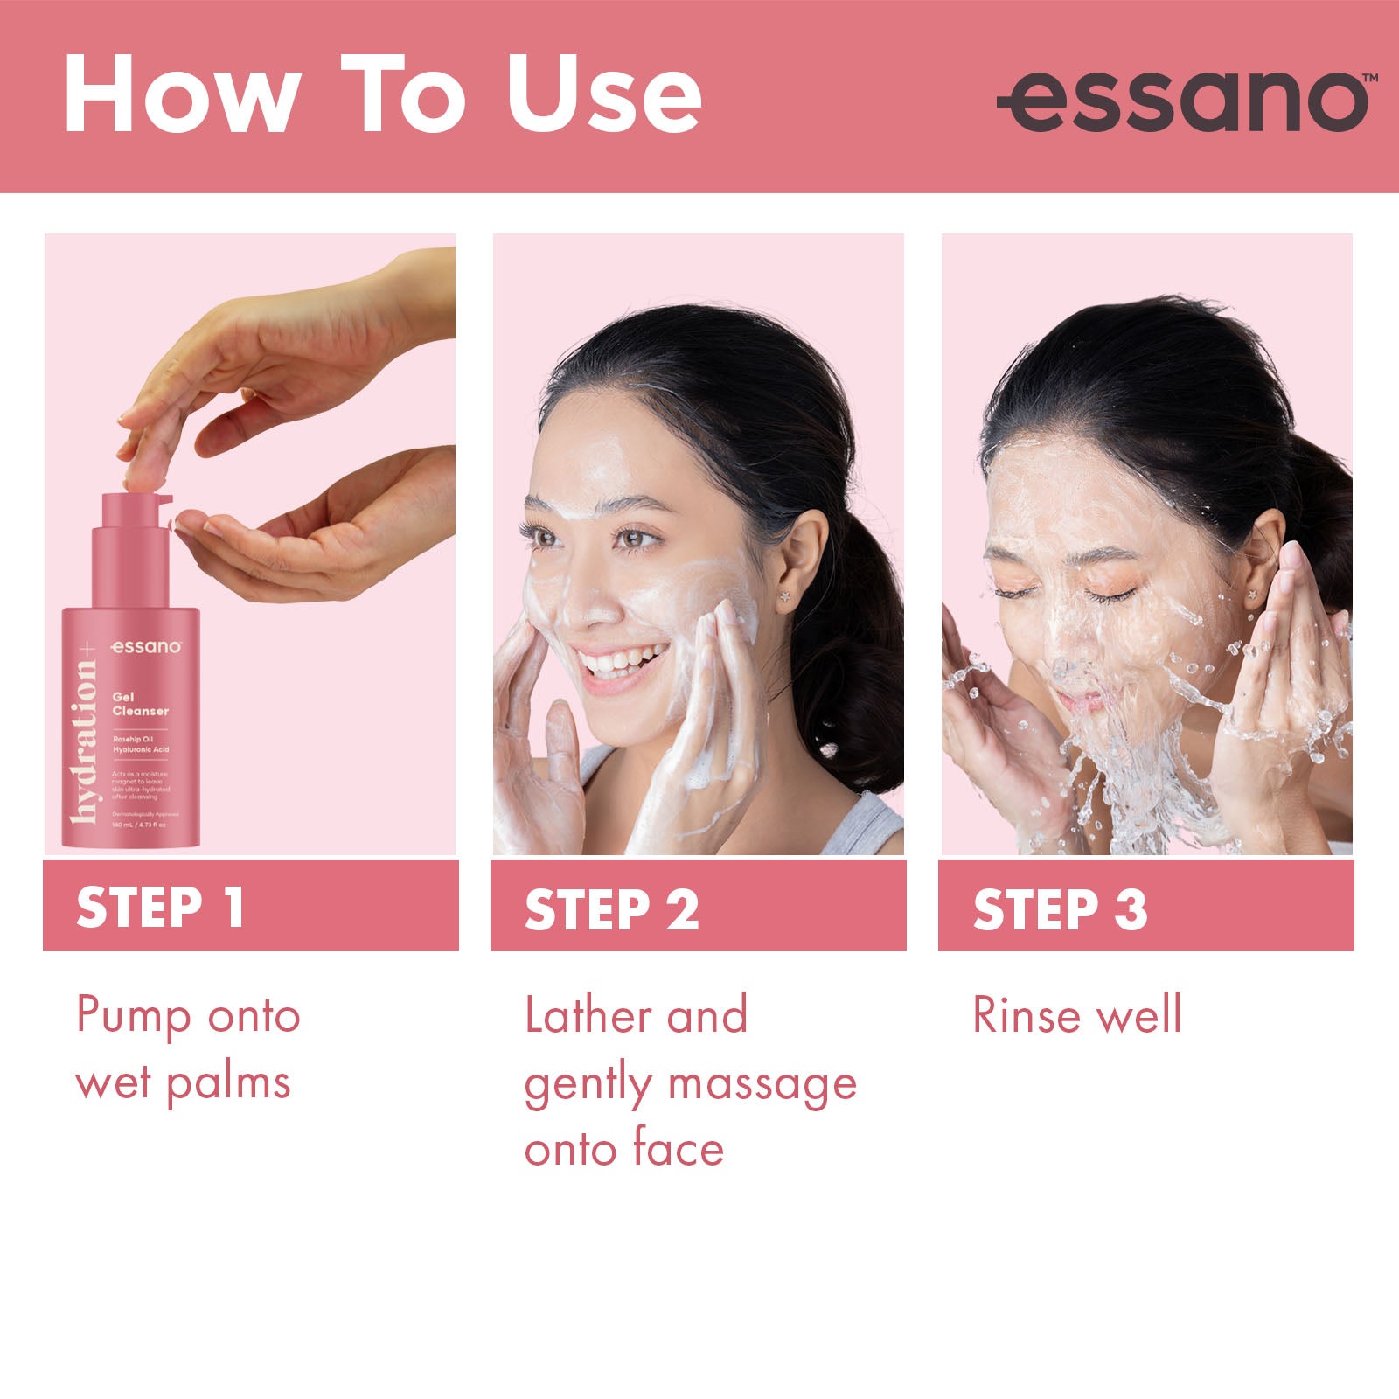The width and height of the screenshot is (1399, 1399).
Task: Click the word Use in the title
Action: coord(603,94)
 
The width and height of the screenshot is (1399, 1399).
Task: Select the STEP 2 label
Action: coord(611,909)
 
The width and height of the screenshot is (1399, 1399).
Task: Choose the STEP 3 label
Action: coord(1060,909)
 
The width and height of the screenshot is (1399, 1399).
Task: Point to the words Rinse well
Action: coord(1077,1015)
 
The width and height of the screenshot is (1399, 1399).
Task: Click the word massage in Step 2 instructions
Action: coord(762,1084)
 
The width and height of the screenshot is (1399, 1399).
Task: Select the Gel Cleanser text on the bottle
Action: coord(140,704)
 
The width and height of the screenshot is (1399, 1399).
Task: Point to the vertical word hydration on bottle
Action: coord(85,739)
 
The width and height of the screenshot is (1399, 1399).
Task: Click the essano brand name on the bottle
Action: coord(146,647)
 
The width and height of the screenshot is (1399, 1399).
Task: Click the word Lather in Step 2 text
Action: coord(587,1015)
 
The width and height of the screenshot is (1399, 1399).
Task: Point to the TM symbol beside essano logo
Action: coord(1370,78)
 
